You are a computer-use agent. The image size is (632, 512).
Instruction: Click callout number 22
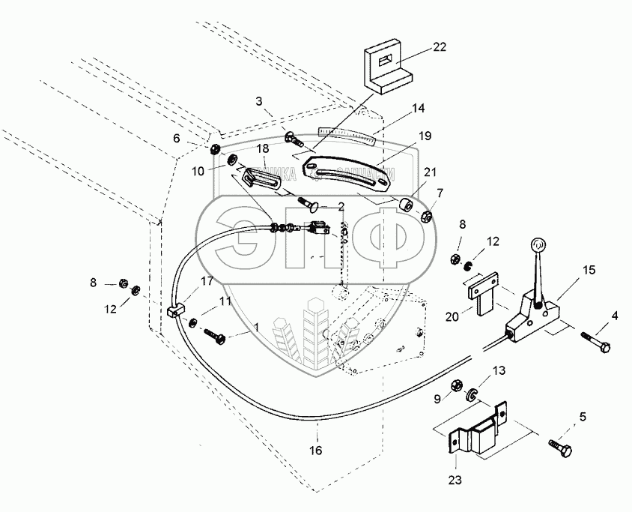coord(439,47)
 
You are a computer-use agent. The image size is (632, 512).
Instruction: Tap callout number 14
coord(419,108)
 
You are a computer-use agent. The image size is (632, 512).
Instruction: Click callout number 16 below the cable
coord(316,451)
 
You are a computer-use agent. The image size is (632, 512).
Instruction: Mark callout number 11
coord(225,301)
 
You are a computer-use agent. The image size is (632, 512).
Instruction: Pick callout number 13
coord(498,370)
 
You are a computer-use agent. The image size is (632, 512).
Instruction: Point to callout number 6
coord(177,138)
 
